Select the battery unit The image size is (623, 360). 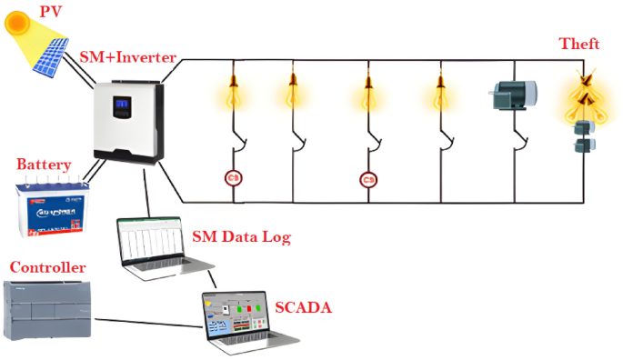(x=55, y=209)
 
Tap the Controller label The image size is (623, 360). (x=48, y=267)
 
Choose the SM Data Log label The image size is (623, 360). (x=241, y=238)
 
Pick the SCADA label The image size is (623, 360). (x=302, y=307)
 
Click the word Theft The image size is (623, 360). (x=579, y=44)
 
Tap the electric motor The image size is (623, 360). (x=513, y=95)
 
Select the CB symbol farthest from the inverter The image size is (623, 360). (x=368, y=179)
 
